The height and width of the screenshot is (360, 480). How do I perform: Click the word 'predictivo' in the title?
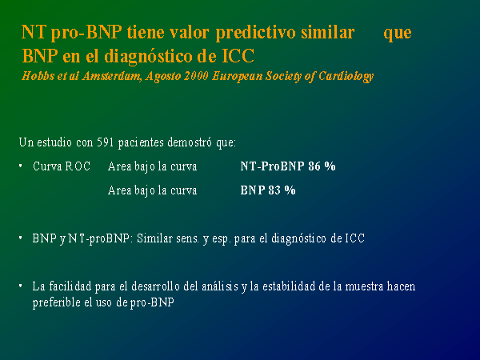pyautogui.click(x=256, y=33)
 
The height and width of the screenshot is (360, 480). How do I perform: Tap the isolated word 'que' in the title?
pyautogui.click(x=398, y=34)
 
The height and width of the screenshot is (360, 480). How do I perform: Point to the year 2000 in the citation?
pyautogui.click(x=196, y=76)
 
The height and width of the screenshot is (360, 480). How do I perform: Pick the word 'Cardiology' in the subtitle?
pyautogui.click(x=346, y=77)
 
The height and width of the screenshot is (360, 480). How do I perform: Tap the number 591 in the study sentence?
pyautogui.click(x=106, y=142)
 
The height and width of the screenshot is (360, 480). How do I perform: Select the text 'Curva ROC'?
pyautogui.click(x=62, y=166)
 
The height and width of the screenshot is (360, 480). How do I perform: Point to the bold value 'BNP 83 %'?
pyautogui.click(x=268, y=190)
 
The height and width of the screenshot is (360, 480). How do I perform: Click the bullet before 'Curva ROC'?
pyautogui.click(x=21, y=166)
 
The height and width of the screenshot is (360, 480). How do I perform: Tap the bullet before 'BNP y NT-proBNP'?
pyautogui.click(x=21, y=238)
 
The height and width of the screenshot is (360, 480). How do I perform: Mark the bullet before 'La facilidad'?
pyautogui.click(x=21, y=286)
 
